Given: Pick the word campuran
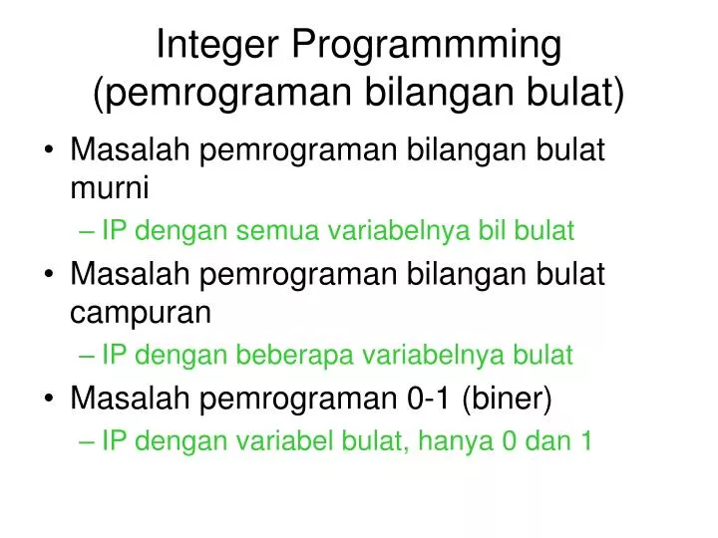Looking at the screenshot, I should coord(141,312).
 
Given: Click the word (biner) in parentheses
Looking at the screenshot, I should coord(507,399).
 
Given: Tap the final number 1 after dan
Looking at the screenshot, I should coord(586,441).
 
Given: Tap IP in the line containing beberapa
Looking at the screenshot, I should coord(114,355).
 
